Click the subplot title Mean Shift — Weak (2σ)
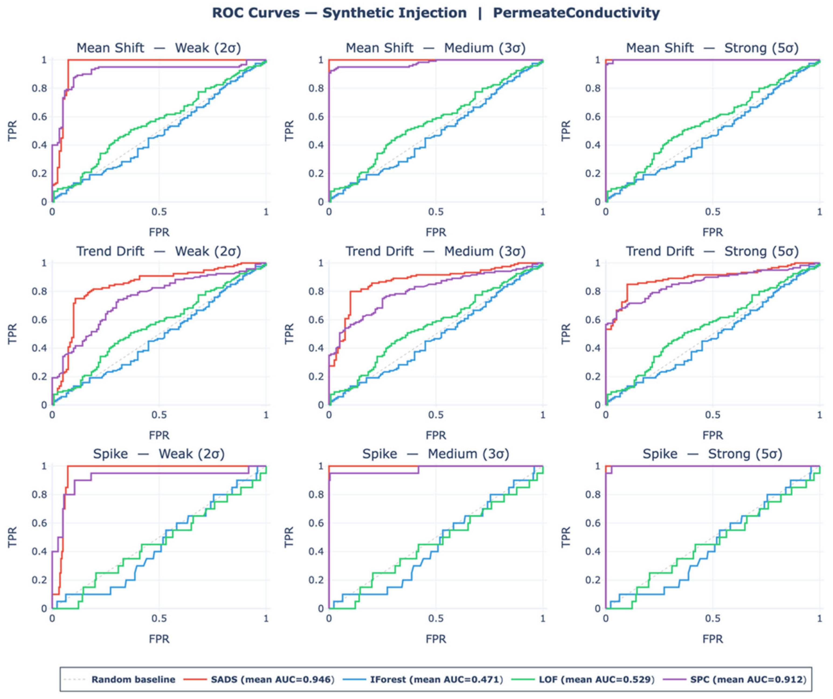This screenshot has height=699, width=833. click(159, 48)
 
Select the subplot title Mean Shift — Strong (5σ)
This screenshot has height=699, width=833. click(713, 48)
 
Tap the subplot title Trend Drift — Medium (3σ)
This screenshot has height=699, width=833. click(435, 252)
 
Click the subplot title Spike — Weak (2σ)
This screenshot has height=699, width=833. click(159, 454)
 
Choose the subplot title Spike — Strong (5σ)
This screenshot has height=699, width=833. click(713, 454)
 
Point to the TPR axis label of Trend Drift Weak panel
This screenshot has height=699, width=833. click(12, 334)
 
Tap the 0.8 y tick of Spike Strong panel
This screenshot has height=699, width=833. click(593, 495)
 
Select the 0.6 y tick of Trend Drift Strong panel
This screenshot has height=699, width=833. click(593, 320)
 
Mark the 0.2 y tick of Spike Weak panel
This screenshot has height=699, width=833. click(39, 580)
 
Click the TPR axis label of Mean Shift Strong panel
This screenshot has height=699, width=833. click(566, 130)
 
